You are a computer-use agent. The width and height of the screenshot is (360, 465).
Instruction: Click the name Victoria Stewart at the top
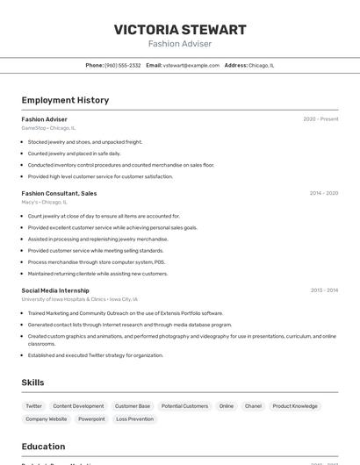(180, 29)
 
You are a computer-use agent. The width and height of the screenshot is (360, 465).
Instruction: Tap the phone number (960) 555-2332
(123, 65)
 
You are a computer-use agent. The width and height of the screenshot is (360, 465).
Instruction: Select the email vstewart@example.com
(191, 65)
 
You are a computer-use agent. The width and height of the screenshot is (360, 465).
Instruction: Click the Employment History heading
(65, 100)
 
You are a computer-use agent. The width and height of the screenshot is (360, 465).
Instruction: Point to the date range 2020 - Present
(320, 119)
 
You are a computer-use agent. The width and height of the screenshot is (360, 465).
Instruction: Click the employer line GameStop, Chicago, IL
(48, 128)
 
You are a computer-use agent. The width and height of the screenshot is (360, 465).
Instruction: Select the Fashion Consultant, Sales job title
(59, 193)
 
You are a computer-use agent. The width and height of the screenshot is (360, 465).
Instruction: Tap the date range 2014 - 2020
(323, 193)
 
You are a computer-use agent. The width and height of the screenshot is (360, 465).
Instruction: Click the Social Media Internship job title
(55, 290)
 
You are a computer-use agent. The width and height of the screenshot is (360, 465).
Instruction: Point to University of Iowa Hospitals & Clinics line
(79, 299)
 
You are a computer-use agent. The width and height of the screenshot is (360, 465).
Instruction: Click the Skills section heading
(32, 383)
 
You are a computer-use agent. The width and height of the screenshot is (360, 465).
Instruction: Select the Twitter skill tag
(33, 406)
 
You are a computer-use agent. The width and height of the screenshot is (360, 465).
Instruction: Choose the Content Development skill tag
(78, 406)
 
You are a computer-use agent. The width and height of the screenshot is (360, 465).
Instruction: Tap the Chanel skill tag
(253, 406)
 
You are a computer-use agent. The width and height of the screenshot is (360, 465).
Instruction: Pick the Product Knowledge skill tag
(295, 406)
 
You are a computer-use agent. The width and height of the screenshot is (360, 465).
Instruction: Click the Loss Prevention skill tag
(134, 419)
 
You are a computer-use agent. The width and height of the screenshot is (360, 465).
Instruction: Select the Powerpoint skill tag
(91, 419)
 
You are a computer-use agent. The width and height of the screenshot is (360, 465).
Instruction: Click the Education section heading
(43, 447)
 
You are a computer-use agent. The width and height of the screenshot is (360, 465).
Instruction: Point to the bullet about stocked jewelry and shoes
(84, 142)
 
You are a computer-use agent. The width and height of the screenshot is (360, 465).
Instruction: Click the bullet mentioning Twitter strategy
(95, 355)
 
